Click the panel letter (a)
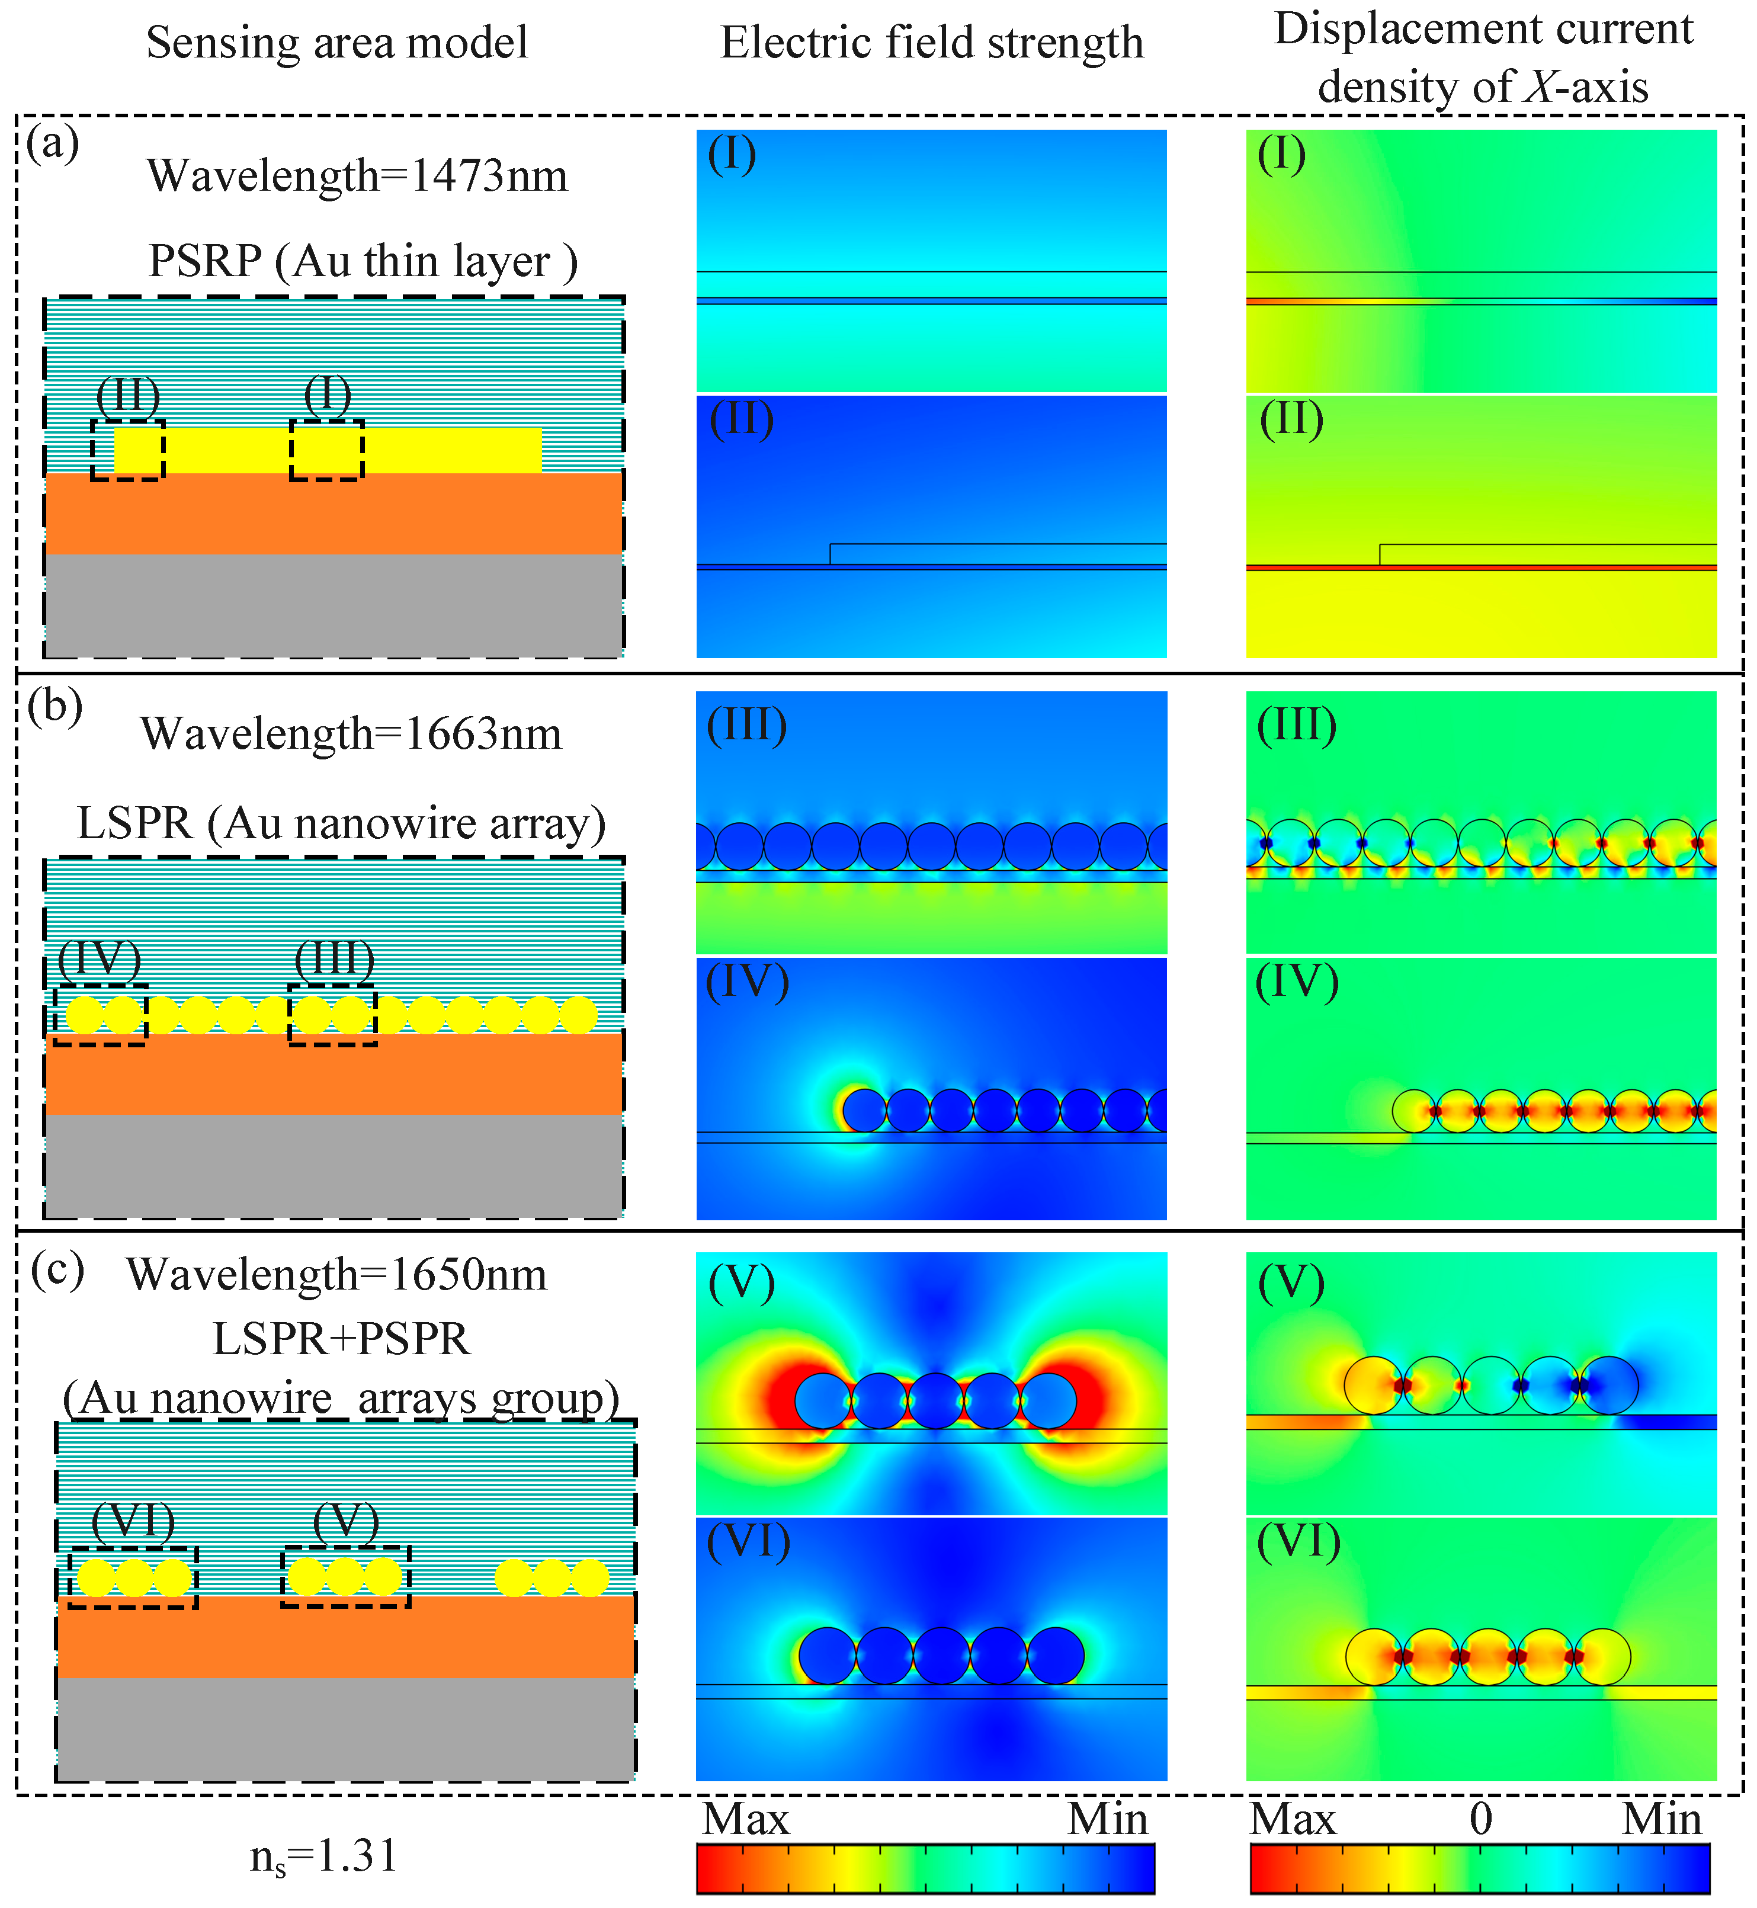(52, 145)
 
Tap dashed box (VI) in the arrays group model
(133, 1577)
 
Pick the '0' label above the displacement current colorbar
(1480, 1820)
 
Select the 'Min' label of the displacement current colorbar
(1661, 1820)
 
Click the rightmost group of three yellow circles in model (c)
(552, 1577)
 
